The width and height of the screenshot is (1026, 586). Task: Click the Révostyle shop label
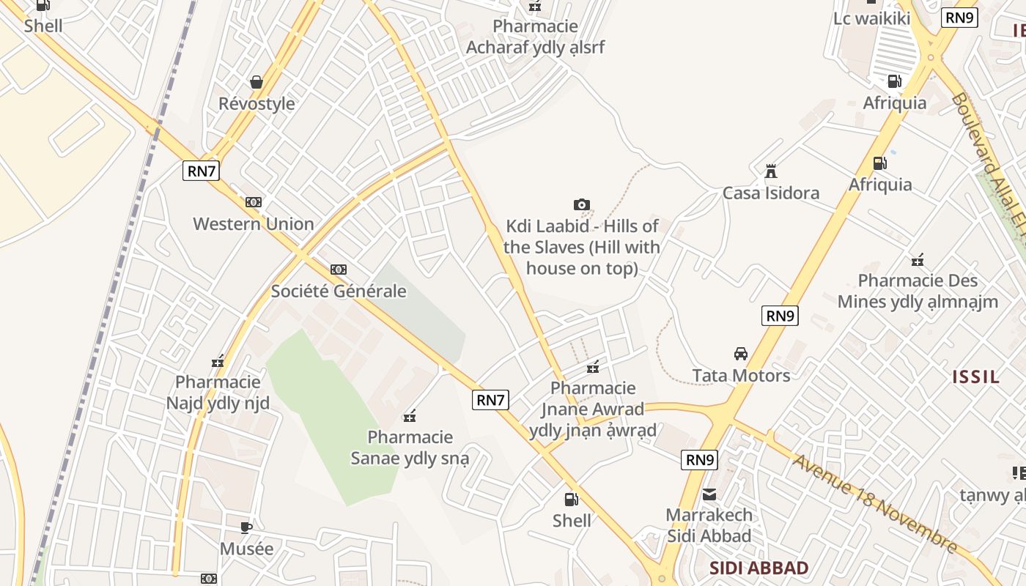point(256,104)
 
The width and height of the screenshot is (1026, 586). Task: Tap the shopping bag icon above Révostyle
point(256,81)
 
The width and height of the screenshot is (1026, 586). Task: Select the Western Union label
point(254,224)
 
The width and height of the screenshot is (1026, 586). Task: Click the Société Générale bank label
point(339,291)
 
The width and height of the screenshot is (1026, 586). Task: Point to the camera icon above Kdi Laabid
point(582,205)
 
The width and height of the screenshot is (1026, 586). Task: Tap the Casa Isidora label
point(771,193)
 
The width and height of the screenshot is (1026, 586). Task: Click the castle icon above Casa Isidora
point(771,171)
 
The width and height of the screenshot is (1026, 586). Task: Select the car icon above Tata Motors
point(741,354)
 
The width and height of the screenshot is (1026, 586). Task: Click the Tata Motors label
point(741,376)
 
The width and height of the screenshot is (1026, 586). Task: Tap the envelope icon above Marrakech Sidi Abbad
point(709,494)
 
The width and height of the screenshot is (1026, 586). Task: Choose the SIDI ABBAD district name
point(759,568)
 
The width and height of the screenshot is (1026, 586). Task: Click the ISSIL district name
point(975,377)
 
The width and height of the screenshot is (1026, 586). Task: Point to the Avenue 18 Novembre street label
point(876,504)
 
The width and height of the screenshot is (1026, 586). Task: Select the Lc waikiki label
point(871,18)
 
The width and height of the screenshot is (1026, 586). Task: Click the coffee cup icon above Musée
point(246,527)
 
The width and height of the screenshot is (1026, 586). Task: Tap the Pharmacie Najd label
point(218,393)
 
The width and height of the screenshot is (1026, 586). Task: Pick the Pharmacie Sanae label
point(410,448)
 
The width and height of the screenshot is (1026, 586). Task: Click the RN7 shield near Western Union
point(201,171)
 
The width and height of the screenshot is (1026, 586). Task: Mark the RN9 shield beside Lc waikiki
point(959,18)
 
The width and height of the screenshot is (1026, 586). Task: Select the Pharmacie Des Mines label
point(918,291)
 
